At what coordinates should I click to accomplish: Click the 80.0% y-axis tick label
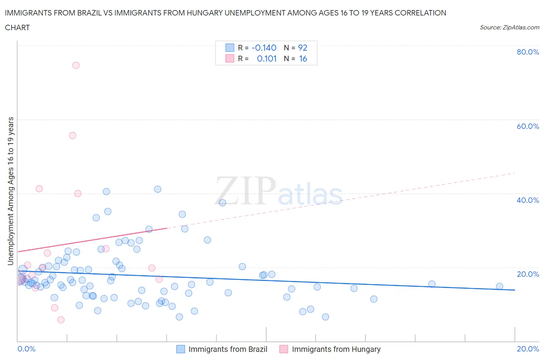click(x=528, y=52)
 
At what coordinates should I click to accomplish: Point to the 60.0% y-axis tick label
click(x=528, y=126)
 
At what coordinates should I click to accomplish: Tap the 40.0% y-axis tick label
click(x=528, y=200)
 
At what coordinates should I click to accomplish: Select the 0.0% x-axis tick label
click(x=26, y=349)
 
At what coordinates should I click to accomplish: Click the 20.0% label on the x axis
click(x=528, y=349)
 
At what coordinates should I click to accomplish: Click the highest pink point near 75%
click(x=76, y=65)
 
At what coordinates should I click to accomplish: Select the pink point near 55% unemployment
click(x=72, y=135)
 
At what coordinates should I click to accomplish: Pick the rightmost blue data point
click(x=500, y=286)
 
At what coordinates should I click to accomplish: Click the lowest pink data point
click(x=61, y=320)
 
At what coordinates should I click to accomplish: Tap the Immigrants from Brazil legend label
click(x=228, y=349)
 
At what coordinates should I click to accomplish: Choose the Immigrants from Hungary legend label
click(x=336, y=349)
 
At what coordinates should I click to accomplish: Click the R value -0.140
click(x=264, y=48)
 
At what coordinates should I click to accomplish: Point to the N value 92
click(x=303, y=48)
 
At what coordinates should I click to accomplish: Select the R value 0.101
click(x=267, y=58)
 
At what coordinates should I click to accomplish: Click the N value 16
click(x=303, y=58)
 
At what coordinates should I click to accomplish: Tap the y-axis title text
click(x=11, y=191)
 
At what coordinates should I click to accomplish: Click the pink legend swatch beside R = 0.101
click(x=230, y=58)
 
